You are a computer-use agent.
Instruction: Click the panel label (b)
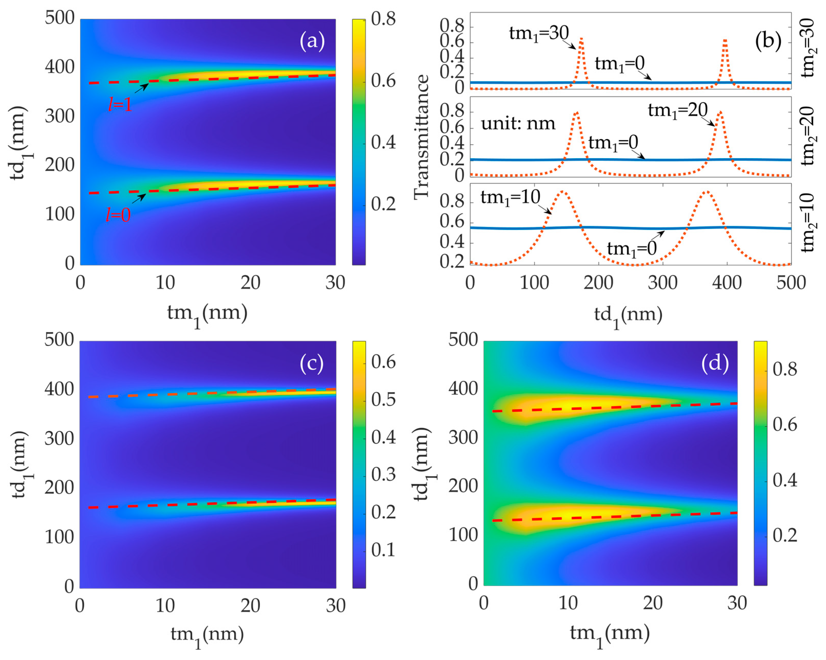coord(768,40)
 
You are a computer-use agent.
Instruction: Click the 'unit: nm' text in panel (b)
coord(518,124)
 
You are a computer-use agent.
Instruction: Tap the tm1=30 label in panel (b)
coord(539,33)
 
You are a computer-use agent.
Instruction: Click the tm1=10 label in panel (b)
coord(510,198)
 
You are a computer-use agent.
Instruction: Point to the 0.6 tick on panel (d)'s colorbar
coord(785,425)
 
